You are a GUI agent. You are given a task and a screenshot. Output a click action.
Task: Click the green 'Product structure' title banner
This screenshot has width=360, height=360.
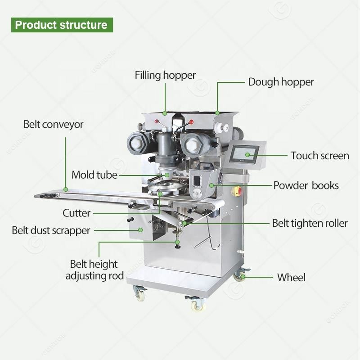coord(61,24)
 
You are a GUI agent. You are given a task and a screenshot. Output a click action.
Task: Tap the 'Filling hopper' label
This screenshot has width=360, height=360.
coord(165,75)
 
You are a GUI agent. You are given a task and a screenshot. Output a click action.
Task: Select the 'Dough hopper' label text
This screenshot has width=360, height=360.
coord(281,82)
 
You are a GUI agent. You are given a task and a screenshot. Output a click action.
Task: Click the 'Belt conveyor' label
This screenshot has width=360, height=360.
coord(54,124)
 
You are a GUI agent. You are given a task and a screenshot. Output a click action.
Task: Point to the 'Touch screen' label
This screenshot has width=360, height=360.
coord(319,156)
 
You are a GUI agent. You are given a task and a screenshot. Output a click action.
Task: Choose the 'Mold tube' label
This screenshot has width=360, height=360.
coord(94,175)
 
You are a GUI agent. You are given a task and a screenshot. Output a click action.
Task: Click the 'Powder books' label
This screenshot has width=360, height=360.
coord(306,185)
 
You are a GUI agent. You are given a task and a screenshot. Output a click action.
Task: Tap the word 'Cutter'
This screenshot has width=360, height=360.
coord(76,212)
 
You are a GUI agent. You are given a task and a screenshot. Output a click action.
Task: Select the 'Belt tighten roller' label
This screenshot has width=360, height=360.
coord(310,223)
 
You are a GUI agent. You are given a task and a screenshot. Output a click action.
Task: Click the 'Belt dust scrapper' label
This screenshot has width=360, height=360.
coord(51,230)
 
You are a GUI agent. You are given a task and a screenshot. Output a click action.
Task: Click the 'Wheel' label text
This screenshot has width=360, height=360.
coord(291,277)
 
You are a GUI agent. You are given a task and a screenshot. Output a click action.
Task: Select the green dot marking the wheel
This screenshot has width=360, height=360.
coord(243,277)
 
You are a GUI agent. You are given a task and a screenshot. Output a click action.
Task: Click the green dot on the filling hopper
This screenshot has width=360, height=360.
coord(165,112)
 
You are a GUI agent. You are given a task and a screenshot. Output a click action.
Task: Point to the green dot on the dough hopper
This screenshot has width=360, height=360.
coord(217,112)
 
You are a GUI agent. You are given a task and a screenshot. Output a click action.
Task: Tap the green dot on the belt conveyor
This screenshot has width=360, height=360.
coord(66,189)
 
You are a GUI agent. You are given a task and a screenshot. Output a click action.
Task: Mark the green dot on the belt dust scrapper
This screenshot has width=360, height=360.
coord(141,229)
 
